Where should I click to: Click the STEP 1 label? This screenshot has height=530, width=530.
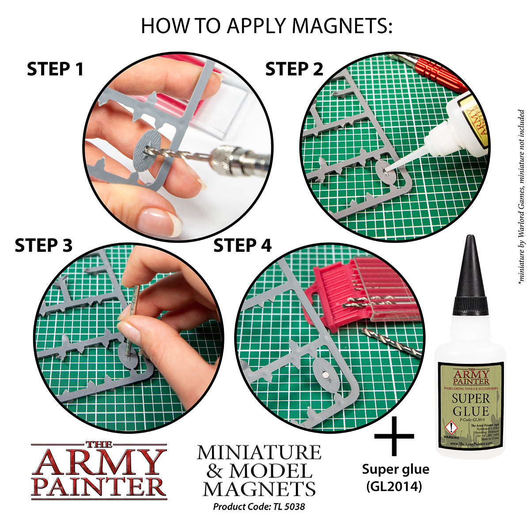(x=55, y=69)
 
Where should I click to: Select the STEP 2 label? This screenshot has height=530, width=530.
(x=294, y=69)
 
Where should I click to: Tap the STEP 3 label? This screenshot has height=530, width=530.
(x=43, y=246)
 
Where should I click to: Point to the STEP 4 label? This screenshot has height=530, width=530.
(x=242, y=246)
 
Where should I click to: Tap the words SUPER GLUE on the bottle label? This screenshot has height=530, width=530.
(x=470, y=404)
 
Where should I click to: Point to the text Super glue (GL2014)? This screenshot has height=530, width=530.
(x=395, y=477)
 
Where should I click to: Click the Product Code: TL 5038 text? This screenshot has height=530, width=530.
(x=259, y=506)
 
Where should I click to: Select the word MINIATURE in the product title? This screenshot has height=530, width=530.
(x=259, y=452)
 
